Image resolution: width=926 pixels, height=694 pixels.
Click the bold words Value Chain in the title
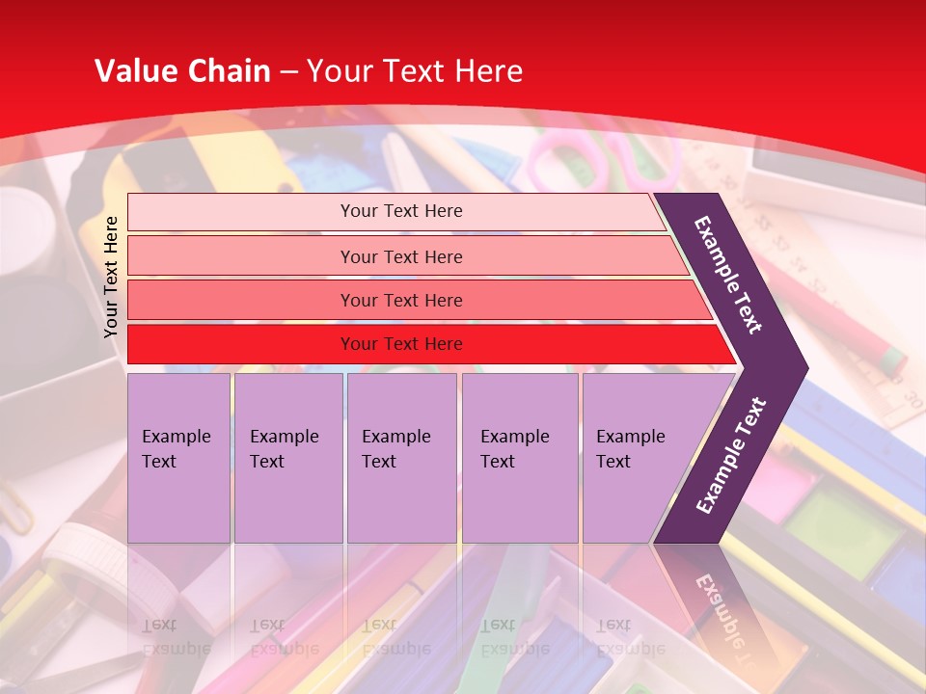tap(182, 71)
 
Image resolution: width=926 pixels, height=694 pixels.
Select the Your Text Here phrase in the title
tap(415, 71)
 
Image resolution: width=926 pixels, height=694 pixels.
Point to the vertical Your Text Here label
tap(111, 277)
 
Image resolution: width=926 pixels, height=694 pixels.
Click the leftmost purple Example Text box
tap(178, 458)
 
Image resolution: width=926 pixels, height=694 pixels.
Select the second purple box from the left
tap(287, 458)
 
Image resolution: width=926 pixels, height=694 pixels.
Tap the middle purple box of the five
tap(401, 458)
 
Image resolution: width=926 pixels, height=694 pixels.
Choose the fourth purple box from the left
tap(519, 458)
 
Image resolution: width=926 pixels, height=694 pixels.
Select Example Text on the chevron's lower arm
tap(731, 455)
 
